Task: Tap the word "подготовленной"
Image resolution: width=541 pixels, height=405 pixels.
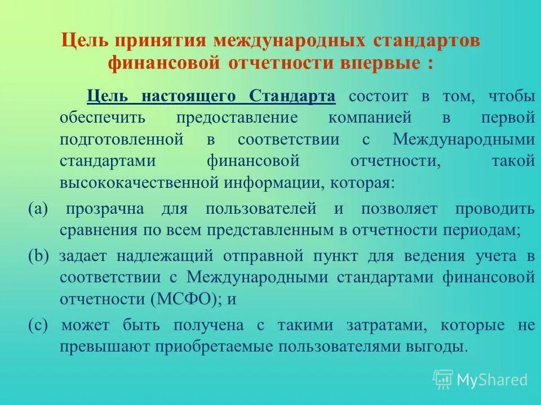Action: pos(122,139)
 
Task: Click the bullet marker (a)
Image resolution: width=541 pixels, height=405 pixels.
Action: pos(39,209)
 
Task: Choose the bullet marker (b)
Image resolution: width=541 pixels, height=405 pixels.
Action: pos(39,256)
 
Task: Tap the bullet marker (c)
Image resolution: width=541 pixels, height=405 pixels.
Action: pos(39,325)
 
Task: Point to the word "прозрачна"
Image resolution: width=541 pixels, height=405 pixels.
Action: pos(105,209)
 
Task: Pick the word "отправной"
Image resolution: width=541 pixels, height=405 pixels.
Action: pos(263,256)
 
